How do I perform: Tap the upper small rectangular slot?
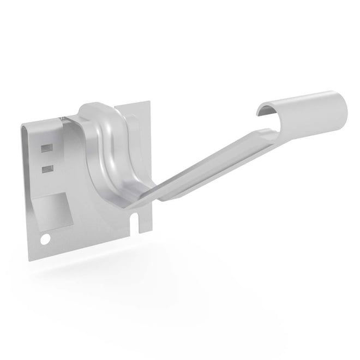47,148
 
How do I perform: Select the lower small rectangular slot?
48,169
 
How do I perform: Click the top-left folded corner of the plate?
25,127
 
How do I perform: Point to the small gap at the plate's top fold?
64,118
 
